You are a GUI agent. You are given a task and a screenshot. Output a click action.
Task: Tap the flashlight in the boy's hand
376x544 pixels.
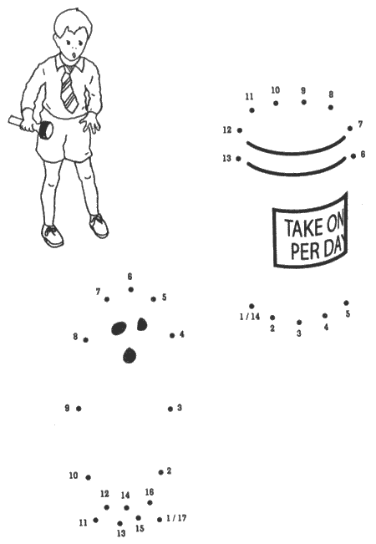pos(32,127)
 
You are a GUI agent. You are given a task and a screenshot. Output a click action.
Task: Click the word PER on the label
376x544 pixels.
pos(305,251)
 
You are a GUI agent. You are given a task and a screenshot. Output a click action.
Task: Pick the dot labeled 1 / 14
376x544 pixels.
pos(252,306)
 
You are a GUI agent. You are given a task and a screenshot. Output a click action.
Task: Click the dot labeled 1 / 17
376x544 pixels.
pos(160,520)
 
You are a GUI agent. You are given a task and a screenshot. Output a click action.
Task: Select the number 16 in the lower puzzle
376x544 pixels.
pos(150,492)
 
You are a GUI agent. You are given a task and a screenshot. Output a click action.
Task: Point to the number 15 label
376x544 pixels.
pos(140,528)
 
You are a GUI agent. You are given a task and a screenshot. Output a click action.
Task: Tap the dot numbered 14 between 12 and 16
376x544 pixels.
pos(127,507)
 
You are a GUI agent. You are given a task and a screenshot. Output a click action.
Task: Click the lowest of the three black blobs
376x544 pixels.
pos(130,355)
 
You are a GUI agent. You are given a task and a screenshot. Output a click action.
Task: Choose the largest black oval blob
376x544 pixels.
pos(119,328)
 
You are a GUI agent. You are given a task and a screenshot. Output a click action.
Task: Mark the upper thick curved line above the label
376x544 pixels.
pos(296,146)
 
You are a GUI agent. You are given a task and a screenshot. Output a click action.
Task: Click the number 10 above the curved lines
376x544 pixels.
pos(275,90)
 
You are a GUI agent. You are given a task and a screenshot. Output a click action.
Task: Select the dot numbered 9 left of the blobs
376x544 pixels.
pos(79,409)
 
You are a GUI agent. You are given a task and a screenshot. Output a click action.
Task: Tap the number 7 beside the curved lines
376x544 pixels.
pos(361,124)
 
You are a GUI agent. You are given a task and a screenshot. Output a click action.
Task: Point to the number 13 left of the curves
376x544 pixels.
pos(226,158)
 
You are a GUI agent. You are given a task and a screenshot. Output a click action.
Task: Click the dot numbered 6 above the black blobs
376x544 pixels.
pos(131,289)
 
